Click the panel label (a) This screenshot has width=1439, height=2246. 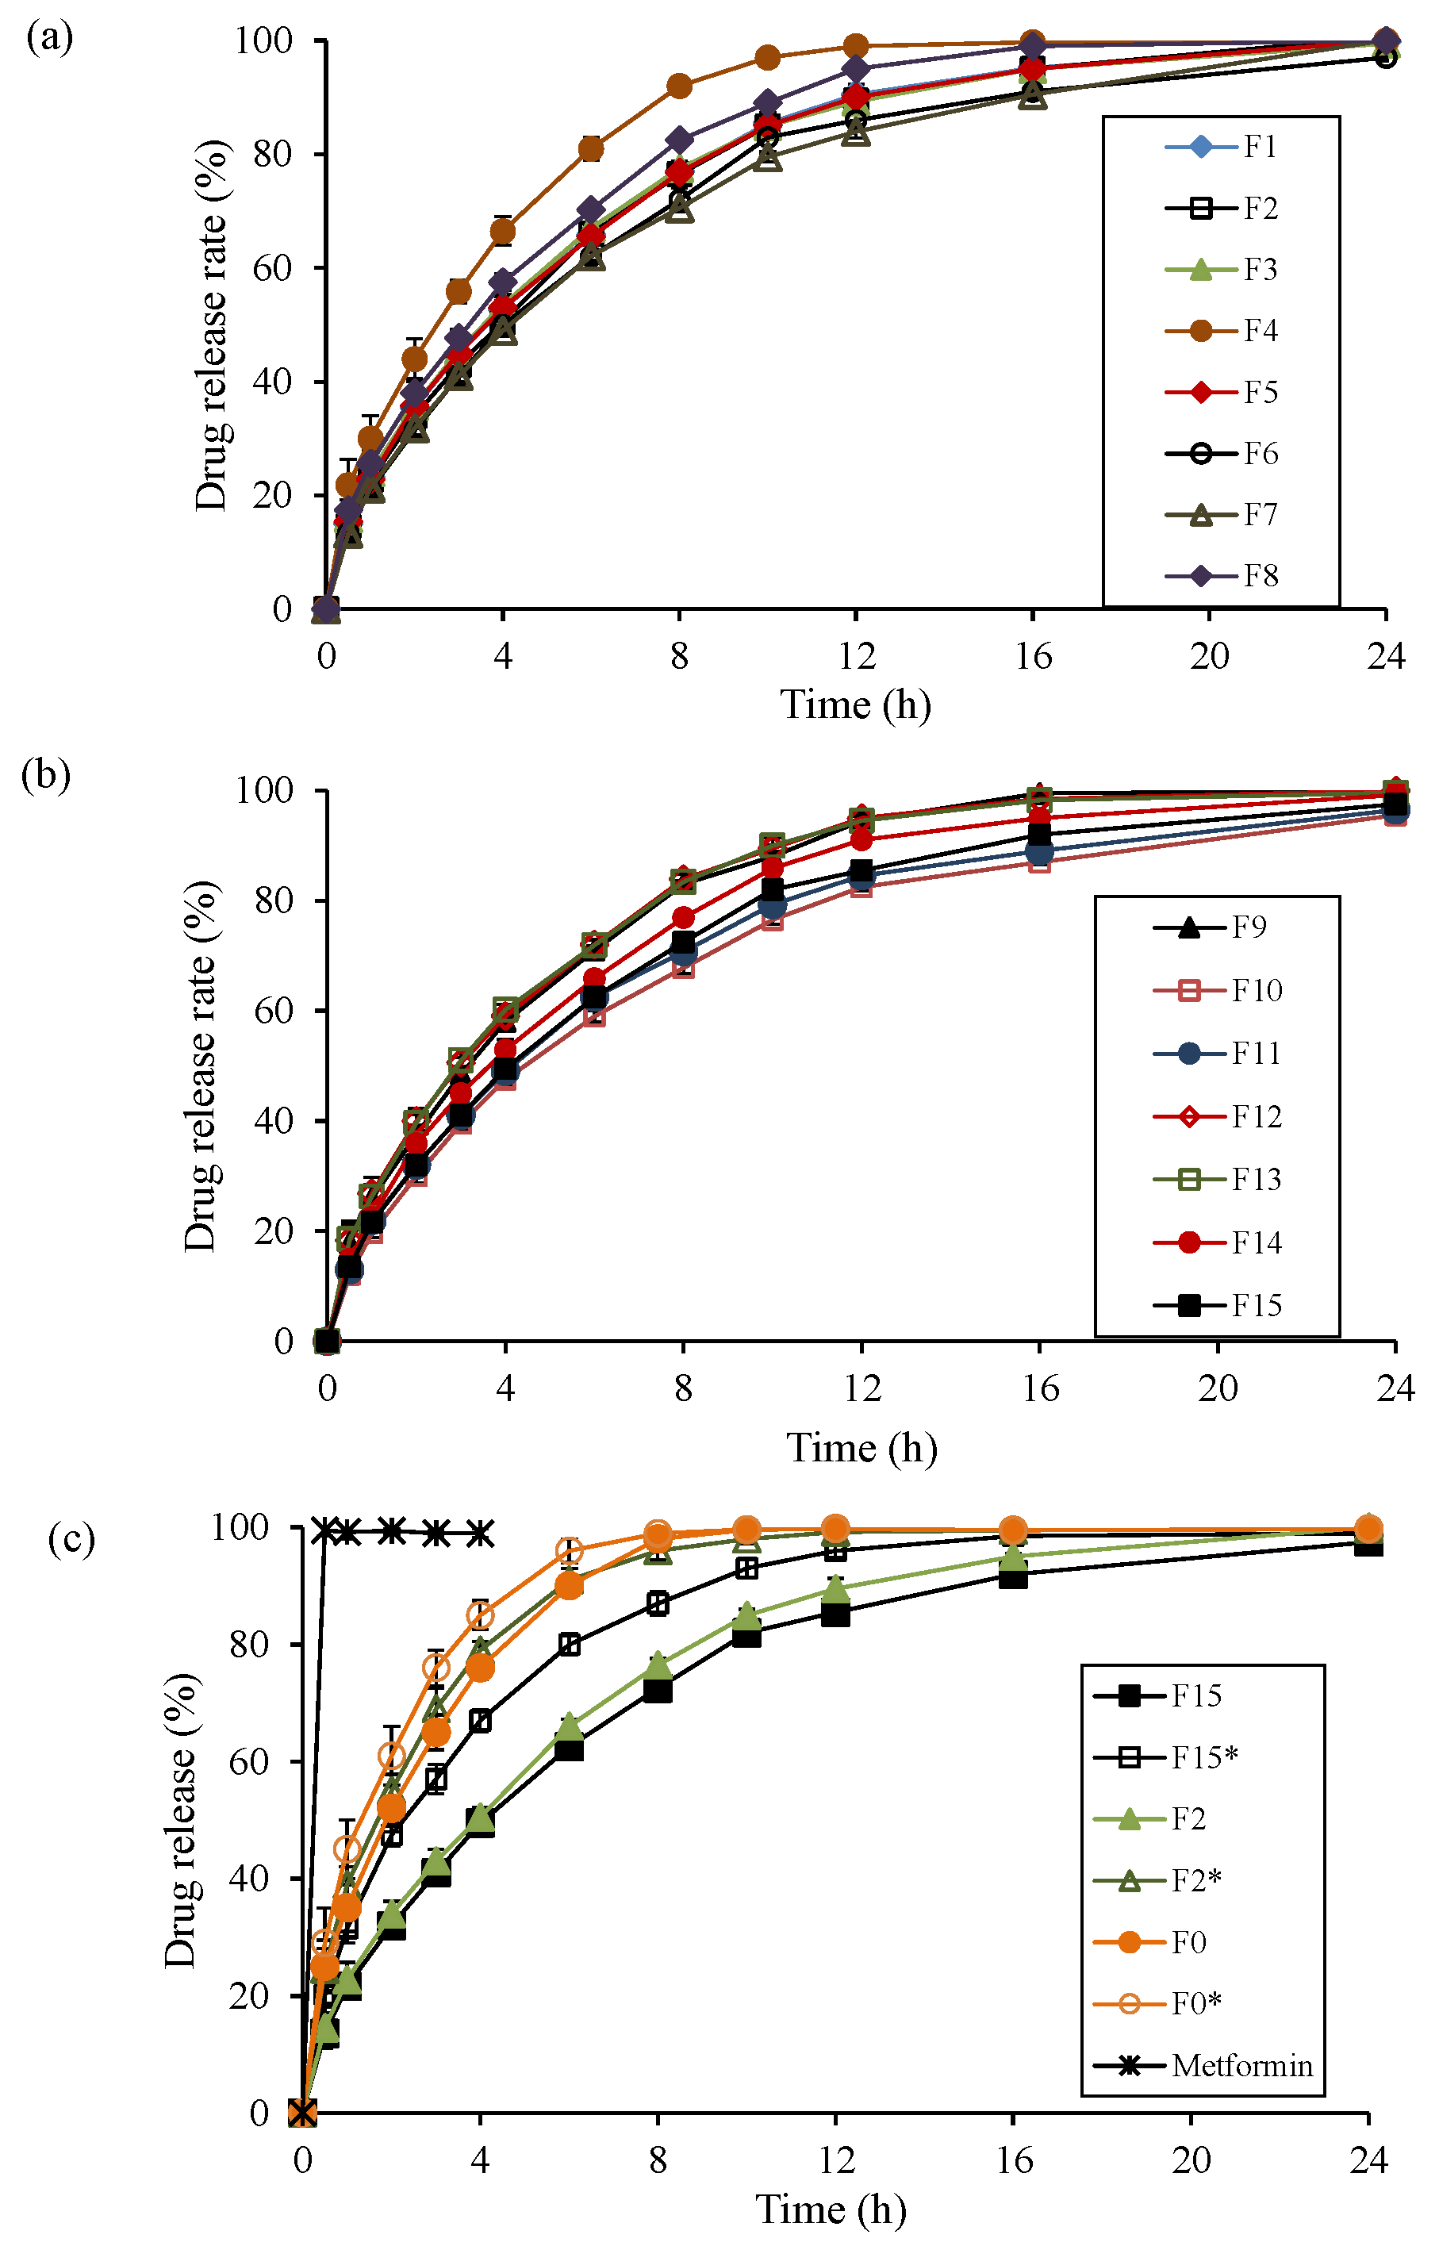(x=49, y=38)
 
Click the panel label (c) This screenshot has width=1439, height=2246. (x=71, y=1539)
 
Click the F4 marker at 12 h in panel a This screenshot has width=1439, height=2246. (x=856, y=46)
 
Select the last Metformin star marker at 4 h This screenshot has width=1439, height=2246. (x=480, y=1533)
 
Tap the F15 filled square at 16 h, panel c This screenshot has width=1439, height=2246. (x=1013, y=1577)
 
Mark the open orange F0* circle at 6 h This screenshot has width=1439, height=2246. (x=569, y=1551)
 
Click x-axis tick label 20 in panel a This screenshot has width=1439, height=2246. (x=1208, y=657)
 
